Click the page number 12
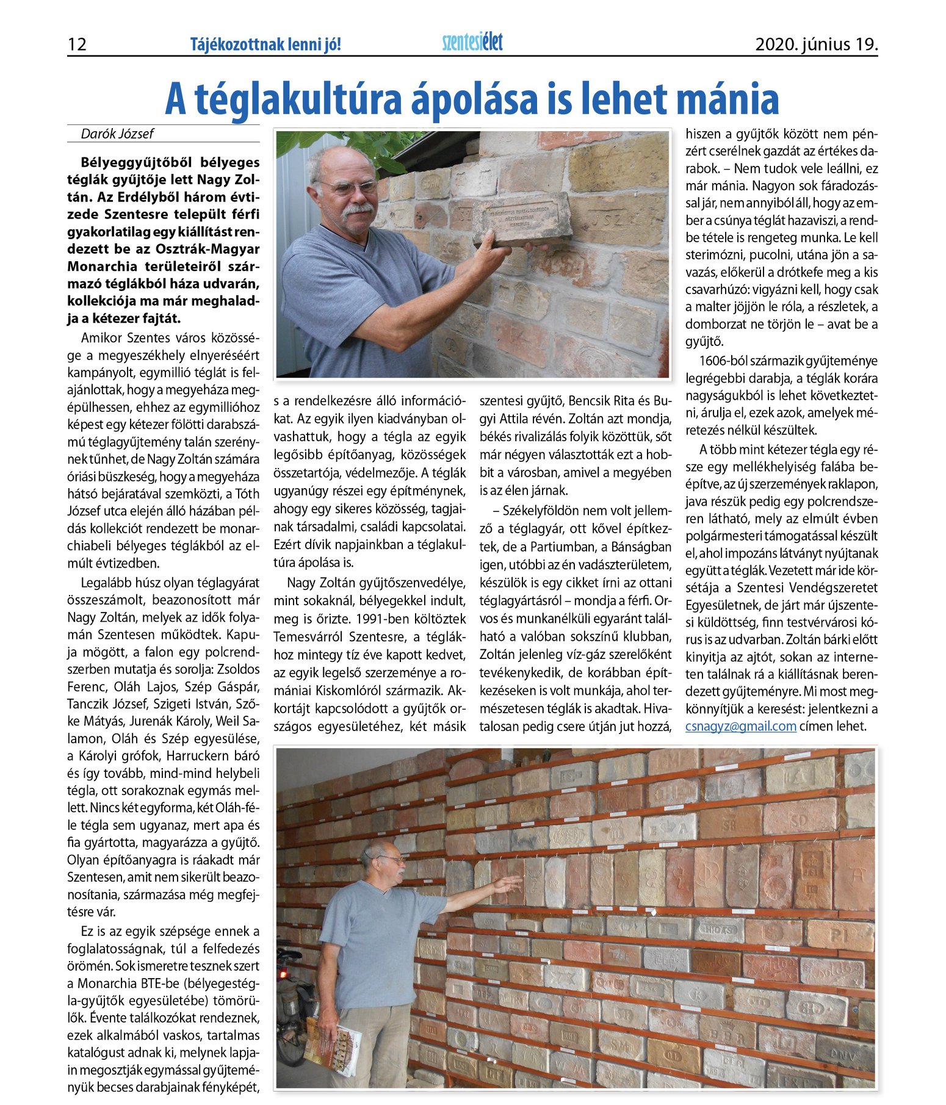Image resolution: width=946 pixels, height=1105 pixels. tap(77, 45)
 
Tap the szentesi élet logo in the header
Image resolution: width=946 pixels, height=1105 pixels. tap(472, 42)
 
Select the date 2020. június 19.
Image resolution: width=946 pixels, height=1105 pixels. tap(816, 45)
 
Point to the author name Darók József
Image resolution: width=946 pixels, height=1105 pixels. tap(117, 134)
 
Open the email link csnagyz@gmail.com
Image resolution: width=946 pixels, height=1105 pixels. tap(740, 726)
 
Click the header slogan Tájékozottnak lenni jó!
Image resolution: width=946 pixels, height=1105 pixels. tap(265, 45)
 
